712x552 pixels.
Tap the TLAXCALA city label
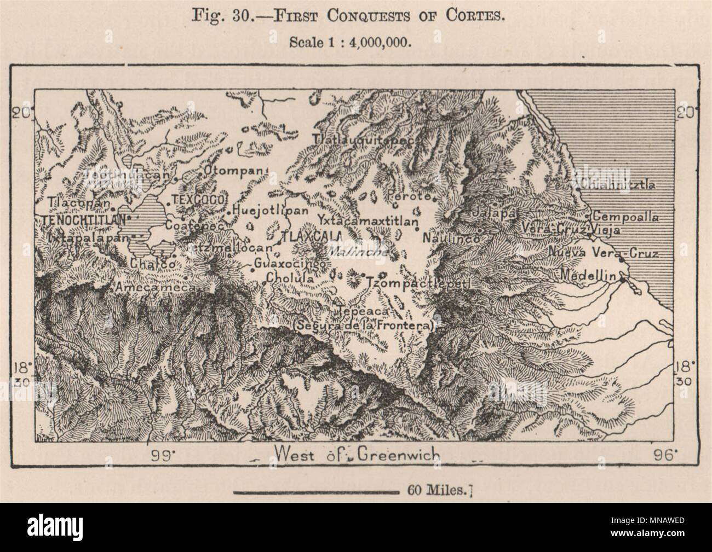coord(311,236)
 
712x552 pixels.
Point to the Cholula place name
coord(290,278)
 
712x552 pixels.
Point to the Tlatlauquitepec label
coord(365,140)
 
